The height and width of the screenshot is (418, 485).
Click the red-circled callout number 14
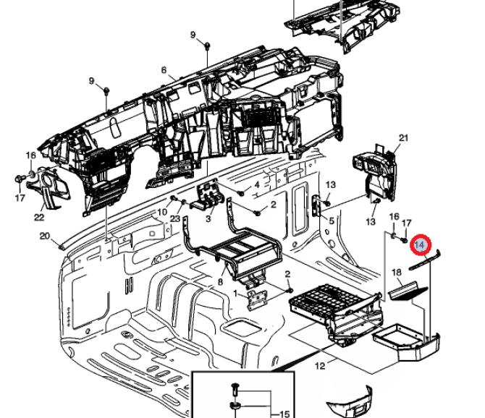(420, 245)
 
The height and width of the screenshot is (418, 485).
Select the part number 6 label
(164, 70)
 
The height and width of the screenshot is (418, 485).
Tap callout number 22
(39, 217)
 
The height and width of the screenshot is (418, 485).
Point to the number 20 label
(45, 236)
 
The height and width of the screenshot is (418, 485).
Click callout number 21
(403, 138)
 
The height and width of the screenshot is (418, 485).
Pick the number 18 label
(397, 272)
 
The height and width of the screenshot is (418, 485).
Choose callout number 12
(320, 366)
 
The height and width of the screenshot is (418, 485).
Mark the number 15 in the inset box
(284, 414)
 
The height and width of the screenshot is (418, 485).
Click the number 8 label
(220, 282)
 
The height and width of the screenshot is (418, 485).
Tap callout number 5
(332, 221)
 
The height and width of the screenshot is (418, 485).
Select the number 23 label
(174, 218)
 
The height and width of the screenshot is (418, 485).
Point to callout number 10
(162, 212)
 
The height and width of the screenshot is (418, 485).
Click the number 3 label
(208, 218)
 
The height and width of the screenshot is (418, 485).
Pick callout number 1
(236, 293)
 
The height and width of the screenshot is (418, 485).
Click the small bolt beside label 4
(242, 193)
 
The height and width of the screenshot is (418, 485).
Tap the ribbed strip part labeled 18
(408, 291)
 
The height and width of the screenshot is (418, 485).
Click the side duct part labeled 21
(374, 173)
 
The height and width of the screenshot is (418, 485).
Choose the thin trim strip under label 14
(425, 260)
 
